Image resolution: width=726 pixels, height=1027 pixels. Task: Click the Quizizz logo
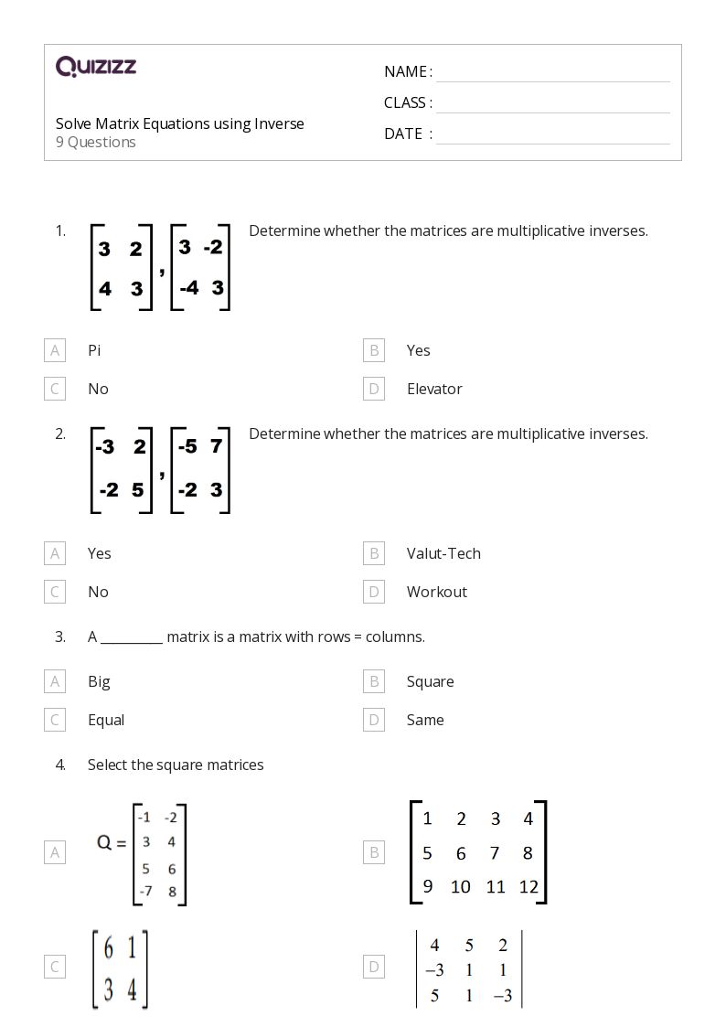pyautogui.click(x=95, y=66)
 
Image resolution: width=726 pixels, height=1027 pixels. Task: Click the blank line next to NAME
pyautogui.click(x=552, y=73)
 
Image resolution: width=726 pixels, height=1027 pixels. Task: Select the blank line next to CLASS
pyautogui.click(x=552, y=104)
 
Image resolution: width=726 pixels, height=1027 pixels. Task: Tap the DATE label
pyautogui.click(x=403, y=134)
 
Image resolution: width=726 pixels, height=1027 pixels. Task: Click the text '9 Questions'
pyautogui.click(x=96, y=143)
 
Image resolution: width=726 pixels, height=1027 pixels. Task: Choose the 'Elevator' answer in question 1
pyautogui.click(x=434, y=389)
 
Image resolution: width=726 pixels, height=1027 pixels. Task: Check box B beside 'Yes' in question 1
pyautogui.click(x=373, y=350)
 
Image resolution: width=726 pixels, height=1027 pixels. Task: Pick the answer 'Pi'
pyautogui.click(x=94, y=350)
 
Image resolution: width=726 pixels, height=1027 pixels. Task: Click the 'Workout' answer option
pyautogui.click(x=437, y=592)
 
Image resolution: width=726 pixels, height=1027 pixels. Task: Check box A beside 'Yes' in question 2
pyautogui.click(x=55, y=553)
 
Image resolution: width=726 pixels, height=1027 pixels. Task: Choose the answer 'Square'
pyautogui.click(x=430, y=681)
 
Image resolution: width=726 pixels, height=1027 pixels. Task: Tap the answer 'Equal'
pyautogui.click(x=106, y=720)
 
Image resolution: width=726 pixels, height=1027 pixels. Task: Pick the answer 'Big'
pyautogui.click(x=99, y=681)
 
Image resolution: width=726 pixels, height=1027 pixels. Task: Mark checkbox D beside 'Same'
pyautogui.click(x=373, y=720)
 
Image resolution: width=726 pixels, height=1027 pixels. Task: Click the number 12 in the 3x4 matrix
pyautogui.click(x=528, y=886)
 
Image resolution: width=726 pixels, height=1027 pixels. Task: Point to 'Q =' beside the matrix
pyautogui.click(x=112, y=843)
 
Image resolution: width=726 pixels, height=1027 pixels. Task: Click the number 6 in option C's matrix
pyautogui.click(x=108, y=949)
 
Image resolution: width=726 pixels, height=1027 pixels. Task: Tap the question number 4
pyautogui.click(x=60, y=765)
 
